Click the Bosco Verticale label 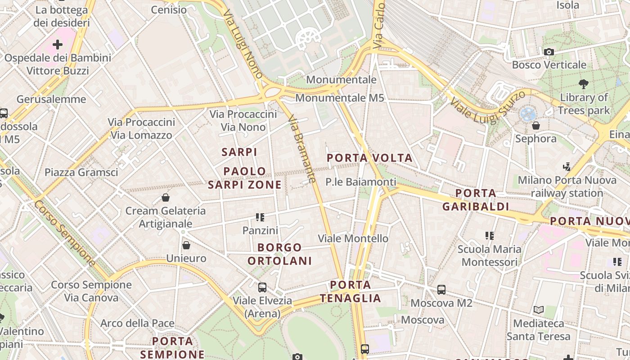(549, 65)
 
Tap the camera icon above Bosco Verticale (549, 52)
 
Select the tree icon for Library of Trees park (584, 84)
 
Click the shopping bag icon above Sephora (535, 125)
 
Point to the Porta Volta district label (369, 158)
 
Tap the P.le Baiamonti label (361, 182)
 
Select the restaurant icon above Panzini (260, 218)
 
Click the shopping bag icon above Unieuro (186, 245)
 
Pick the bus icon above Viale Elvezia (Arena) (262, 287)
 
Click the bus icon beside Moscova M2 (441, 290)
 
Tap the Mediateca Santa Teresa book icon (538, 310)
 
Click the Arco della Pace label (137, 323)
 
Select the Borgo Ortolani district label (279, 254)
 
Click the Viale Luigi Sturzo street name (488, 108)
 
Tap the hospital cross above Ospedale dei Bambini (58, 45)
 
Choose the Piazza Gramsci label (81, 172)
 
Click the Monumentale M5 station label (340, 98)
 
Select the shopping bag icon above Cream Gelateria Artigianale (166, 198)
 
